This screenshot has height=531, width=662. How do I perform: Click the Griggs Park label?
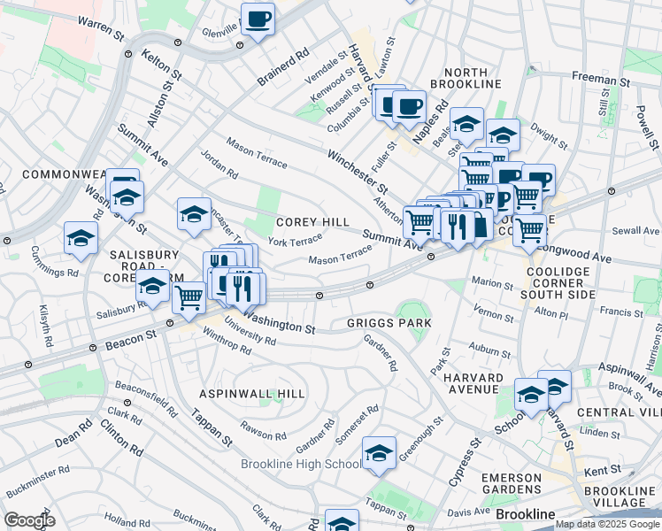pyautogui.click(x=389, y=324)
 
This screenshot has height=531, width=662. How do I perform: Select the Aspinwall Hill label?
pyautogui.click(x=252, y=393)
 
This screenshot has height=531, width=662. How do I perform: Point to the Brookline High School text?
pyautogui.click(x=300, y=464)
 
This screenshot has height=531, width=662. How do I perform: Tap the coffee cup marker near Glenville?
pyautogui.click(x=258, y=19)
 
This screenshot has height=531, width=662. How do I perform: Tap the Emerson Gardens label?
pyautogui.click(x=511, y=483)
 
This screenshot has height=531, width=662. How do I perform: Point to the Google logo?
pyautogui.click(x=29, y=520)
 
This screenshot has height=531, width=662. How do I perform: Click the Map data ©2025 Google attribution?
pyautogui.click(x=607, y=524)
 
